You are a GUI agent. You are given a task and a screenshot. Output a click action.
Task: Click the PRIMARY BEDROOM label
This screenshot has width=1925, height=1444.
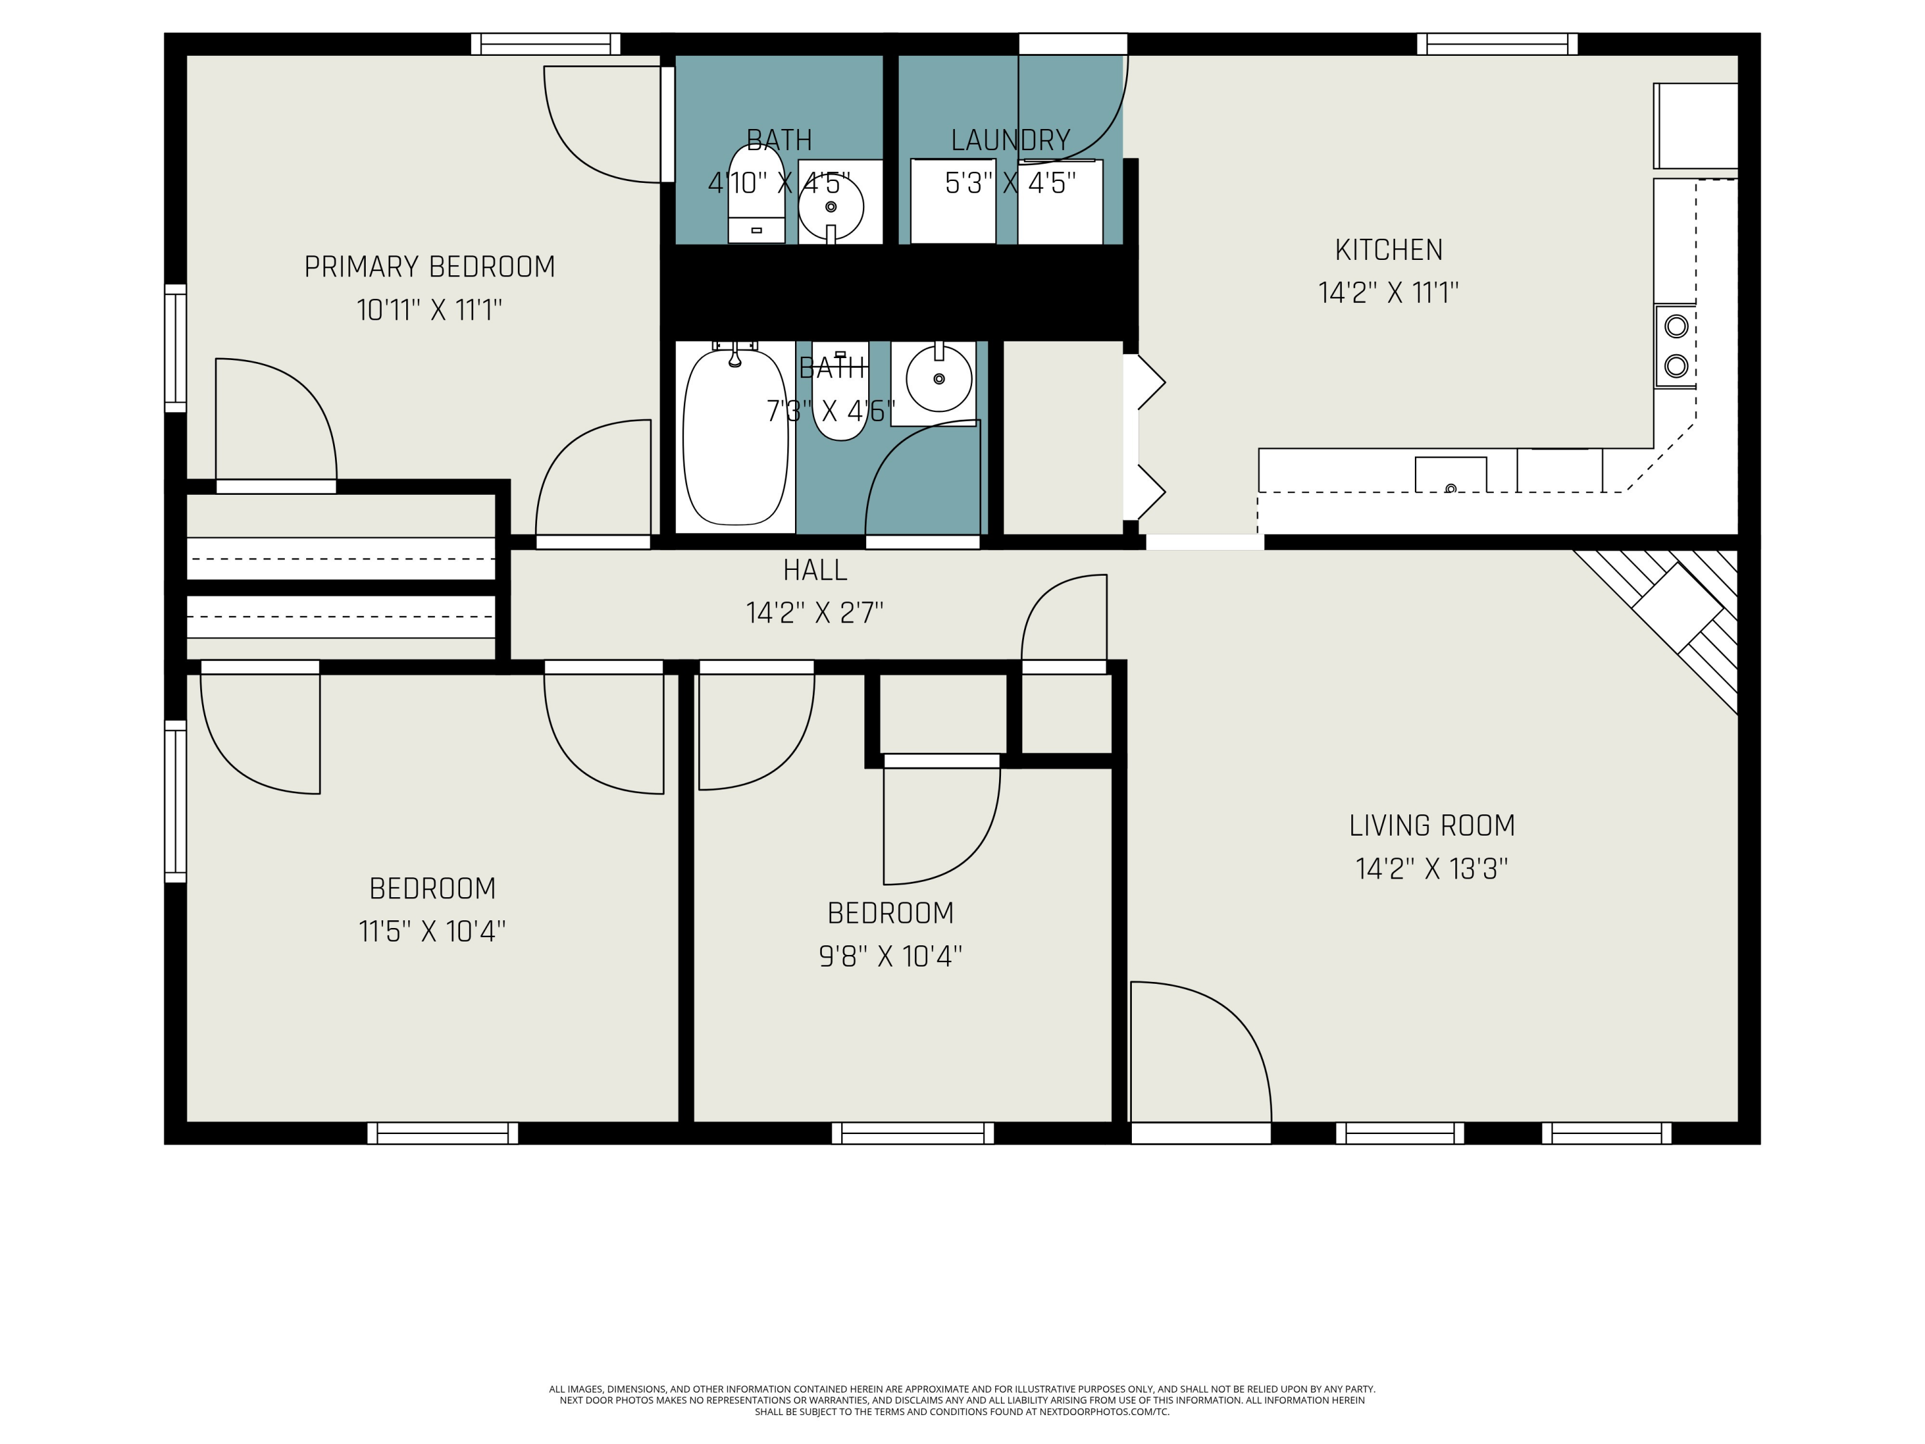pos(429,266)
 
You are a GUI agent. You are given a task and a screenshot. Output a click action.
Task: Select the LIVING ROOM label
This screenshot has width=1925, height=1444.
pos(1432,825)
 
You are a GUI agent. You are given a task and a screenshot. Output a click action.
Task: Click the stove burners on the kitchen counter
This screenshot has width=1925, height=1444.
pos(1675,345)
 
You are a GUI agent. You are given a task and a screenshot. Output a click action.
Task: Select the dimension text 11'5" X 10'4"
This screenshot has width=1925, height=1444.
pos(432,931)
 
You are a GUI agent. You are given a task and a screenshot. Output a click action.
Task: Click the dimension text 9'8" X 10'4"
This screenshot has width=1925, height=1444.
pos(890,956)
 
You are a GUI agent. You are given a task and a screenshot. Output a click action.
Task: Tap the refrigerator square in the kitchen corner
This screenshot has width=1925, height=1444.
pos(1695,126)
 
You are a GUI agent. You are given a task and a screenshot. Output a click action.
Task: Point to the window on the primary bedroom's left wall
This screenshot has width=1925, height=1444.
pos(176,348)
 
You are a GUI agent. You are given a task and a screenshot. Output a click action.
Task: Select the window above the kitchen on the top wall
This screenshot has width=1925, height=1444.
pos(1497,44)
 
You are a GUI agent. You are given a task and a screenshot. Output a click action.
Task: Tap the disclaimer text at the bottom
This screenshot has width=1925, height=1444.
pos(962,1400)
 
